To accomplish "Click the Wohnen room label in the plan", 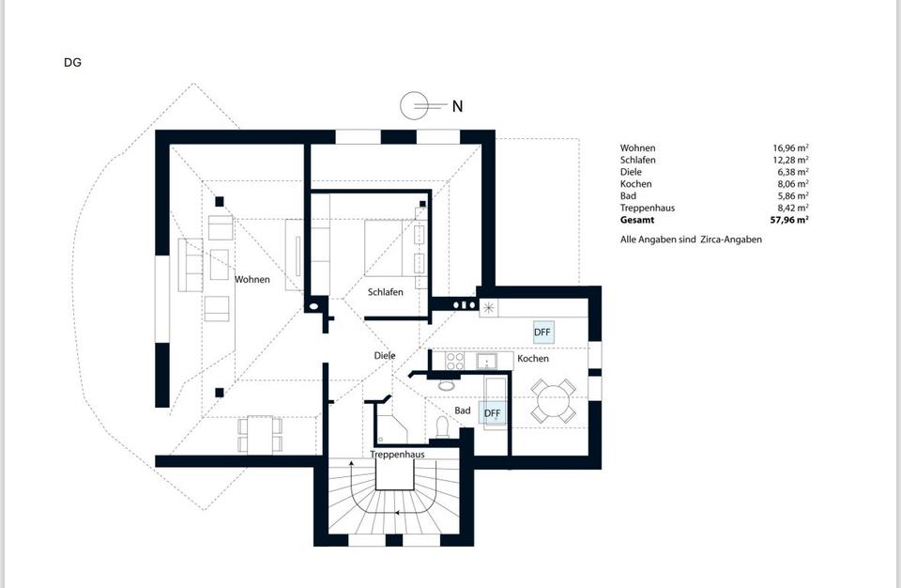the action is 252,280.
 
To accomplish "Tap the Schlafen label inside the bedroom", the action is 386,292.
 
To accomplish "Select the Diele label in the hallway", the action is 385,356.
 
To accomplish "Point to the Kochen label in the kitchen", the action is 533,359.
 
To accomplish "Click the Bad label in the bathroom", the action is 463,410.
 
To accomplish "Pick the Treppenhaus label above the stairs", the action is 398,454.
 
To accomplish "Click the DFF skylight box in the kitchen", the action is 543,332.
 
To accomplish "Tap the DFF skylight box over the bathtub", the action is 493,413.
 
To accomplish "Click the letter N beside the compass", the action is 457,106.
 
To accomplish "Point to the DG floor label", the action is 72,62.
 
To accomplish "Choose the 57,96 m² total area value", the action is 789,220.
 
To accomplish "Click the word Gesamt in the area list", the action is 636,220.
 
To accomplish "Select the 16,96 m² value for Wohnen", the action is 790,147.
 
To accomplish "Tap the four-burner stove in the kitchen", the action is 455,362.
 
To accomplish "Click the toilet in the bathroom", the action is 442,426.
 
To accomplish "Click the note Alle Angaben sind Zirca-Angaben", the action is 691,240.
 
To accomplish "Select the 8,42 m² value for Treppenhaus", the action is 793,208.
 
